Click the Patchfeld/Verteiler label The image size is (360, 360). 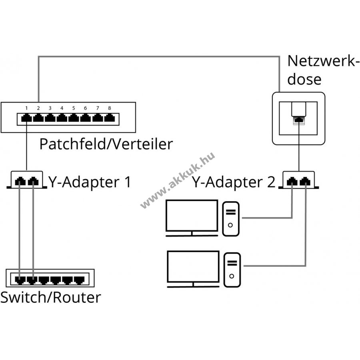[106, 144]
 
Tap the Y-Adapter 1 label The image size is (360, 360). [90, 182]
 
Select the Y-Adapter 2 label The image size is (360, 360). [234, 182]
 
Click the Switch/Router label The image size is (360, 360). [50, 297]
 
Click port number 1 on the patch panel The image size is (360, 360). [26, 118]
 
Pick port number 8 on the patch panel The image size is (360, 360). [109, 118]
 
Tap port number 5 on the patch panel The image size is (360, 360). [74, 118]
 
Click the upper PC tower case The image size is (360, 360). [231, 218]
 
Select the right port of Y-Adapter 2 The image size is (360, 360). [306, 182]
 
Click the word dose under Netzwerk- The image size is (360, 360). [305, 79]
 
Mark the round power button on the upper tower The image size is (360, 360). [230, 225]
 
